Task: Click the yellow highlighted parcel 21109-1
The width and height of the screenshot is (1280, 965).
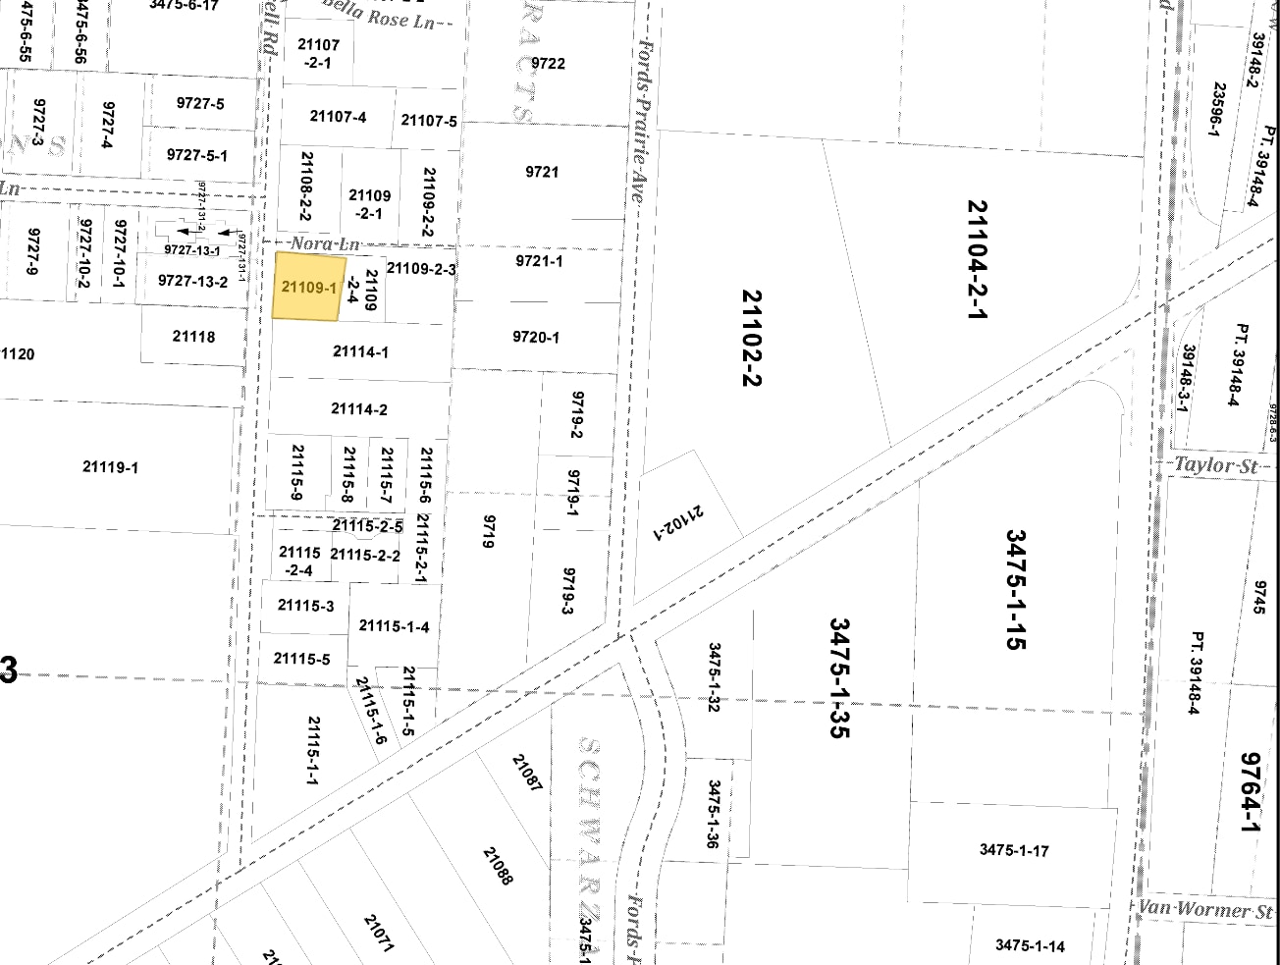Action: click(x=308, y=287)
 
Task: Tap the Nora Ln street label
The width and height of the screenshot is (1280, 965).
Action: click(x=325, y=243)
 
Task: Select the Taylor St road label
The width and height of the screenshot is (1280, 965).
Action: click(x=1214, y=465)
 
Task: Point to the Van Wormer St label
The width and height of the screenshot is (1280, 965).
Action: click(x=1206, y=909)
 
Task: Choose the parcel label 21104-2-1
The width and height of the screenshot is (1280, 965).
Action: click(x=977, y=260)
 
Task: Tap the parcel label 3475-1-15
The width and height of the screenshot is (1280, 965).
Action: click(x=1015, y=590)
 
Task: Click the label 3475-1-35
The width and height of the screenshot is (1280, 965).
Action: click(x=839, y=677)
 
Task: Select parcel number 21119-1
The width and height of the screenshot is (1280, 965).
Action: click(x=110, y=467)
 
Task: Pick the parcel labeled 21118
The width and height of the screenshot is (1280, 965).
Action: click(x=193, y=337)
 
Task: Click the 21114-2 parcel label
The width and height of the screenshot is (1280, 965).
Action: click(x=359, y=409)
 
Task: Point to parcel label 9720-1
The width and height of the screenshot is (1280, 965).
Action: click(x=536, y=337)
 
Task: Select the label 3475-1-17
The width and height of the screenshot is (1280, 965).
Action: click(x=1014, y=850)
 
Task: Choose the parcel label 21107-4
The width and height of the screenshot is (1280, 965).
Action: click(x=338, y=117)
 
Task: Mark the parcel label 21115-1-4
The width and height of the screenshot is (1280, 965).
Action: click(x=394, y=626)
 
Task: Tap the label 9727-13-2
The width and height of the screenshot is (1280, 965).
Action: click(x=193, y=282)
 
